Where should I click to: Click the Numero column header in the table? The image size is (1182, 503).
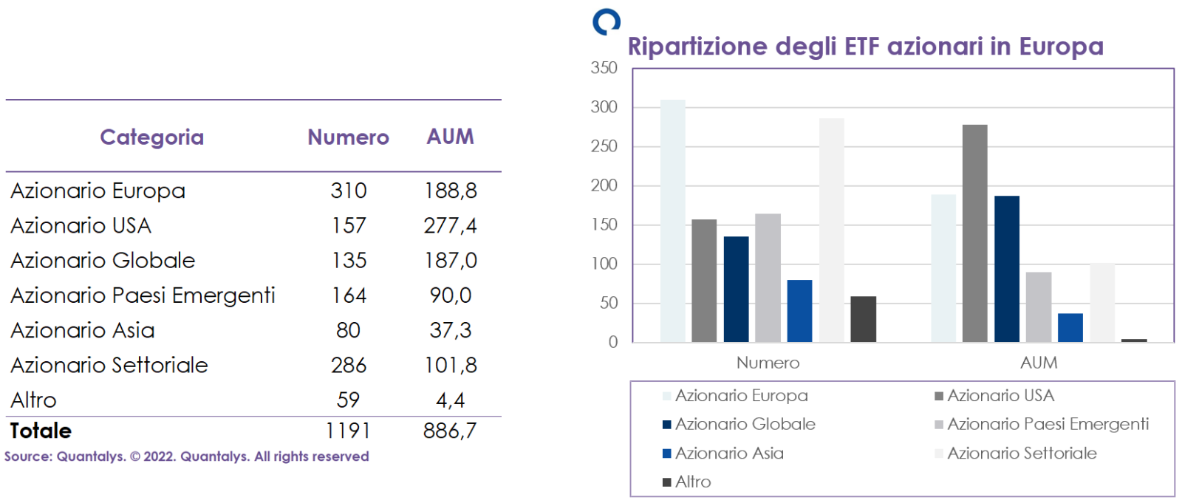(x=348, y=137)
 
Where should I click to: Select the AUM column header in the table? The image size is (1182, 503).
(x=450, y=137)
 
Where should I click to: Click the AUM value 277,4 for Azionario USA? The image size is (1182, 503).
(x=450, y=225)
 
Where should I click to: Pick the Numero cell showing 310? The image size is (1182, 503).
(x=349, y=191)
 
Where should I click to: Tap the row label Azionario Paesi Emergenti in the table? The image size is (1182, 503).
(x=143, y=295)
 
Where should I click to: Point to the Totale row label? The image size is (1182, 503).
(x=41, y=431)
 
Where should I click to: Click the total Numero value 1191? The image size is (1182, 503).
(x=348, y=431)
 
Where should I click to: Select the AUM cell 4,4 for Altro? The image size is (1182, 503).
(x=450, y=400)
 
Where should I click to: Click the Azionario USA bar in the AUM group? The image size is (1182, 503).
(x=974, y=233)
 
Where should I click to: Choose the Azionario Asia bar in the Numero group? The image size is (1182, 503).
(x=799, y=310)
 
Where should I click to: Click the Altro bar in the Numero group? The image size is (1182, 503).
(x=863, y=319)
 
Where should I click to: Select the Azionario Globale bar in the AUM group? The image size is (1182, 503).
(x=1006, y=268)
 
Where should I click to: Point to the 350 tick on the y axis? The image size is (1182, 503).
(x=604, y=68)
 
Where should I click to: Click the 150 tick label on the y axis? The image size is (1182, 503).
(x=604, y=225)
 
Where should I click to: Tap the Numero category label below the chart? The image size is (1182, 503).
(x=768, y=363)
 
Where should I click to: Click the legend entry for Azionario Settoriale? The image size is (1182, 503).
(x=1022, y=454)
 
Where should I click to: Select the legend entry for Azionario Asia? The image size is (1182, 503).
(x=728, y=454)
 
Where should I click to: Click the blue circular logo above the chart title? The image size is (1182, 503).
(x=607, y=22)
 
